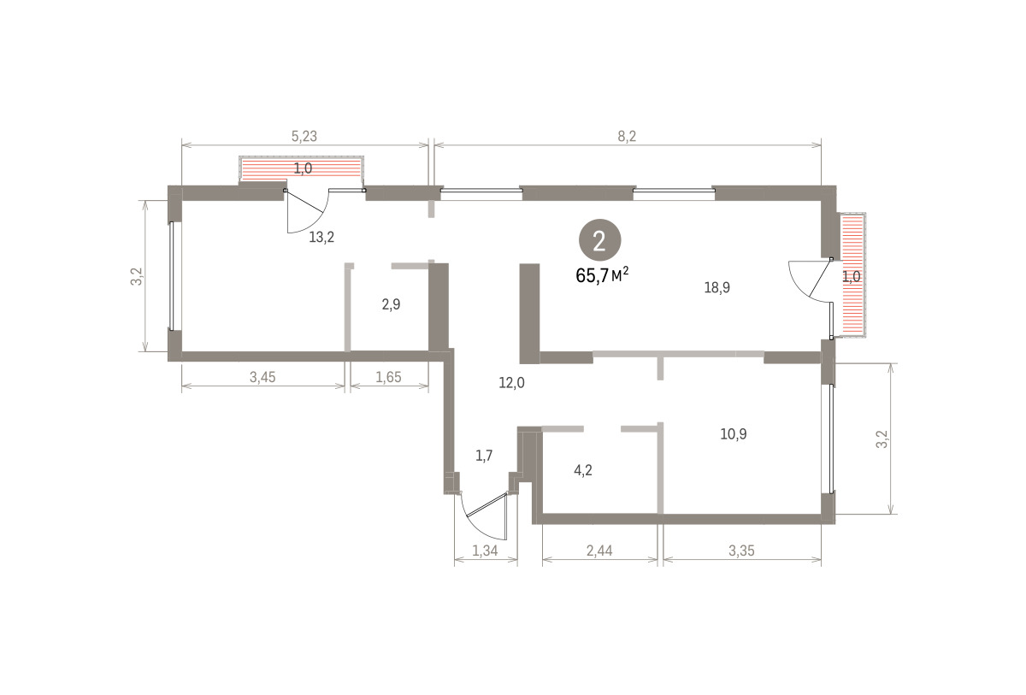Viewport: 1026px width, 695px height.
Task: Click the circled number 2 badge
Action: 599,241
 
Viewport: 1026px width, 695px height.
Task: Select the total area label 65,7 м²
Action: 602,275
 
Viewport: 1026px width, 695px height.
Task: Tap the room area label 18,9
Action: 716,287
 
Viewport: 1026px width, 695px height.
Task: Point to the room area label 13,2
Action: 321,237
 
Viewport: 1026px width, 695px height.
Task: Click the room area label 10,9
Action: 734,433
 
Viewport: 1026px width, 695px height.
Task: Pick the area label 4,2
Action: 583,470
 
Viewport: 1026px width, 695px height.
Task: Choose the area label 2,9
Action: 392,304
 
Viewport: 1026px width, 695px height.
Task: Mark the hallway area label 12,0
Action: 511,382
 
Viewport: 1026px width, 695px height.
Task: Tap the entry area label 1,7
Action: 484,456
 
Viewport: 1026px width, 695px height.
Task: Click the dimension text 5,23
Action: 304,136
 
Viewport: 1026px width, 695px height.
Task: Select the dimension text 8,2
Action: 627,136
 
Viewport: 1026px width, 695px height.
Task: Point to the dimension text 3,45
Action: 262,377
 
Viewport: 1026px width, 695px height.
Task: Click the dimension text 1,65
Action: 388,377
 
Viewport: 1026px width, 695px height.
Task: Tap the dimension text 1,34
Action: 485,551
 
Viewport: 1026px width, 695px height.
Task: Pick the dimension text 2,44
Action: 599,551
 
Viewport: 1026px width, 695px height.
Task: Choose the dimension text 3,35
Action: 741,551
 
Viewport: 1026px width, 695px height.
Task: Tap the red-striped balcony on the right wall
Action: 853,275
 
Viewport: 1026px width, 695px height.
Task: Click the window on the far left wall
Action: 172,275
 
